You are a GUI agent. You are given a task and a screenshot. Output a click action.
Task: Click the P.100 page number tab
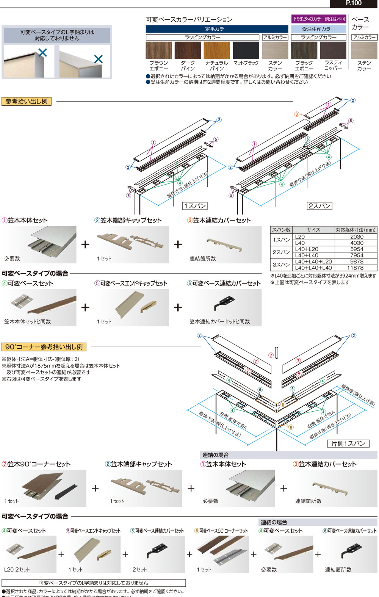(354, 3)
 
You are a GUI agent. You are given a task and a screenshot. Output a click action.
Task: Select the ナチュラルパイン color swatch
(216, 50)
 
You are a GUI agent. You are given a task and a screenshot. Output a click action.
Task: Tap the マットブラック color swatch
(246, 50)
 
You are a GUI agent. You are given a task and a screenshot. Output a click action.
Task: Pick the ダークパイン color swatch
(188, 50)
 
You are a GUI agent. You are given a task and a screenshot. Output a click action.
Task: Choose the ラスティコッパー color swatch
(333, 50)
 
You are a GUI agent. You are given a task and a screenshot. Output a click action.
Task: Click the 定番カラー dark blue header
(217, 29)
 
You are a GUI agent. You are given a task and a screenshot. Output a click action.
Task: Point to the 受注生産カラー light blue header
(318, 29)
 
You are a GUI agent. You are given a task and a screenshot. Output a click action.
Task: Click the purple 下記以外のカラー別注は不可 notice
(318, 19)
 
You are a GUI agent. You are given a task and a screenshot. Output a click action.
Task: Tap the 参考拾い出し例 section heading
(27, 101)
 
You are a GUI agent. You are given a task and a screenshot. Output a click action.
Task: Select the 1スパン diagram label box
(195, 206)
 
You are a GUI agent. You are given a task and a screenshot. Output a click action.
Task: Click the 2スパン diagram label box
(319, 206)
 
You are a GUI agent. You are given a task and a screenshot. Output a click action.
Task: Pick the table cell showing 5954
(356, 249)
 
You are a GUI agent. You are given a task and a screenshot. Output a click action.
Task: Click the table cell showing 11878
(355, 268)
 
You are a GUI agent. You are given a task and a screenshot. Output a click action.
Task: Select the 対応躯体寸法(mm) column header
(356, 230)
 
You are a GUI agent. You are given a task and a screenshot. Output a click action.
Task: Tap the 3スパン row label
(281, 265)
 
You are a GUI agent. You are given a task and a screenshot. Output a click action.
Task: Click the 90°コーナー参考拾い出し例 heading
(44, 347)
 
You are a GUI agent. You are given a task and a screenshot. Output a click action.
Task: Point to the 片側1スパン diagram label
(348, 443)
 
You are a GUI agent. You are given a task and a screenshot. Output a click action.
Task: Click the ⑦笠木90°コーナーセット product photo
(44, 488)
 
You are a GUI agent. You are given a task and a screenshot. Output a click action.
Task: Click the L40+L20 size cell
(307, 249)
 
